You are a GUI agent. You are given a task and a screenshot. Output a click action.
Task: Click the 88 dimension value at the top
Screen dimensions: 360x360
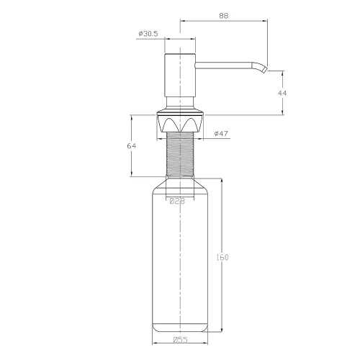click(224, 16)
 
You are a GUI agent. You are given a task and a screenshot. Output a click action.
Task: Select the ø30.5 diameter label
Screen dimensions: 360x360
click(148, 34)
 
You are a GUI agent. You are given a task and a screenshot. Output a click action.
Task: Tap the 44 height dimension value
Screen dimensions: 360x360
click(282, 93)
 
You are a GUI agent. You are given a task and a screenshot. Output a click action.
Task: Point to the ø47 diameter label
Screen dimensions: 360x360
click(221, 133)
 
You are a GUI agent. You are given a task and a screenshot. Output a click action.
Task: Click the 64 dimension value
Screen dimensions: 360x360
click(132, 146)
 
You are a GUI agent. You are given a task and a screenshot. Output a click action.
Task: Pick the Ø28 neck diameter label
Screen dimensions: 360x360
click(177, 201)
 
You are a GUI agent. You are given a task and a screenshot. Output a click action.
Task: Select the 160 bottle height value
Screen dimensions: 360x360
click(222, 258)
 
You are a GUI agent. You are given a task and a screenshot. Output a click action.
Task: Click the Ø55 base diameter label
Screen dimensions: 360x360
click(180, 340)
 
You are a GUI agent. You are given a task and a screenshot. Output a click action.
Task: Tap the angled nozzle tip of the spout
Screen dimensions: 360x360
click(264, 69)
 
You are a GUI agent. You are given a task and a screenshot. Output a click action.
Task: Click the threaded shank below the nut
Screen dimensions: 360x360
click(180, 153)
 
